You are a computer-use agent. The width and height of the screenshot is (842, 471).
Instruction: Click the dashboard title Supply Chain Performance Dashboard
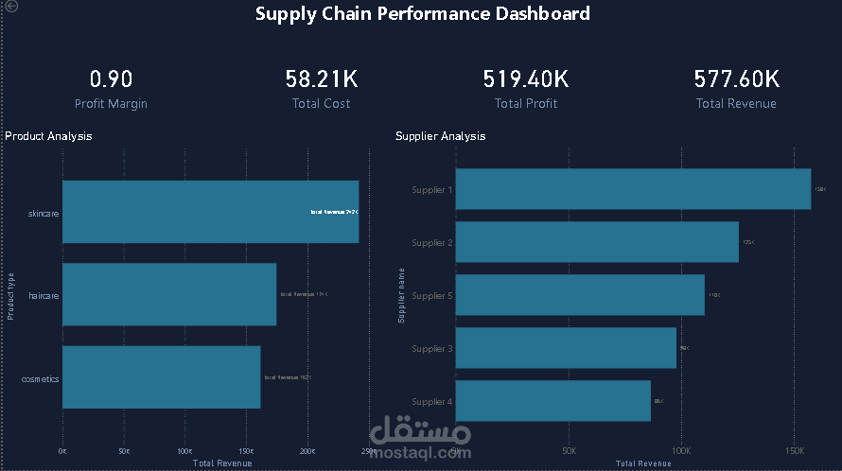tap(422, 14)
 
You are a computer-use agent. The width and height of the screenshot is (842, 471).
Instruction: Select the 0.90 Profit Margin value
tap(111, 78)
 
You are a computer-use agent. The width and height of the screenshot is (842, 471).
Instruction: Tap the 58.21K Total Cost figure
tap(322, 78)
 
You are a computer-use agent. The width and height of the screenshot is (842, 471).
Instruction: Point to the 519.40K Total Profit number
tap(526, 78)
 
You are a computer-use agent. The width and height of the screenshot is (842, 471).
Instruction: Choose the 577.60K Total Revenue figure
tap(736, 78)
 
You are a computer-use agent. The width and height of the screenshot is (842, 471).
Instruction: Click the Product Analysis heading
tap(48, 136)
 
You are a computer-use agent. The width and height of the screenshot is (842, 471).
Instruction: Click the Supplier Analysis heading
tap(440, 136)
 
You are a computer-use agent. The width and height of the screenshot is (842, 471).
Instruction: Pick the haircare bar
tap(169, 294)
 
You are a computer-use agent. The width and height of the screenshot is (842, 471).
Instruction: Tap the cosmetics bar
tap(161, 377)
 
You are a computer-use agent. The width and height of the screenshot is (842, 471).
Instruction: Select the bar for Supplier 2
tap(597, 242)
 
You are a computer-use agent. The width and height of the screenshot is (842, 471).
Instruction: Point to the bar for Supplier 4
tap(553, 401)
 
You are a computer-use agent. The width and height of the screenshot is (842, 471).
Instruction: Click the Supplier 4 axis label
tap(432, 402)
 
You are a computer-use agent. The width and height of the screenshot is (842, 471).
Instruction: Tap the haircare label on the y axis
tap(44, 296)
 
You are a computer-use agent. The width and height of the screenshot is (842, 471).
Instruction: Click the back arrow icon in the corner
tap(10, 6)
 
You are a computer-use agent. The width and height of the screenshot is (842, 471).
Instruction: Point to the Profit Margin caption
tap(111, 104)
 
